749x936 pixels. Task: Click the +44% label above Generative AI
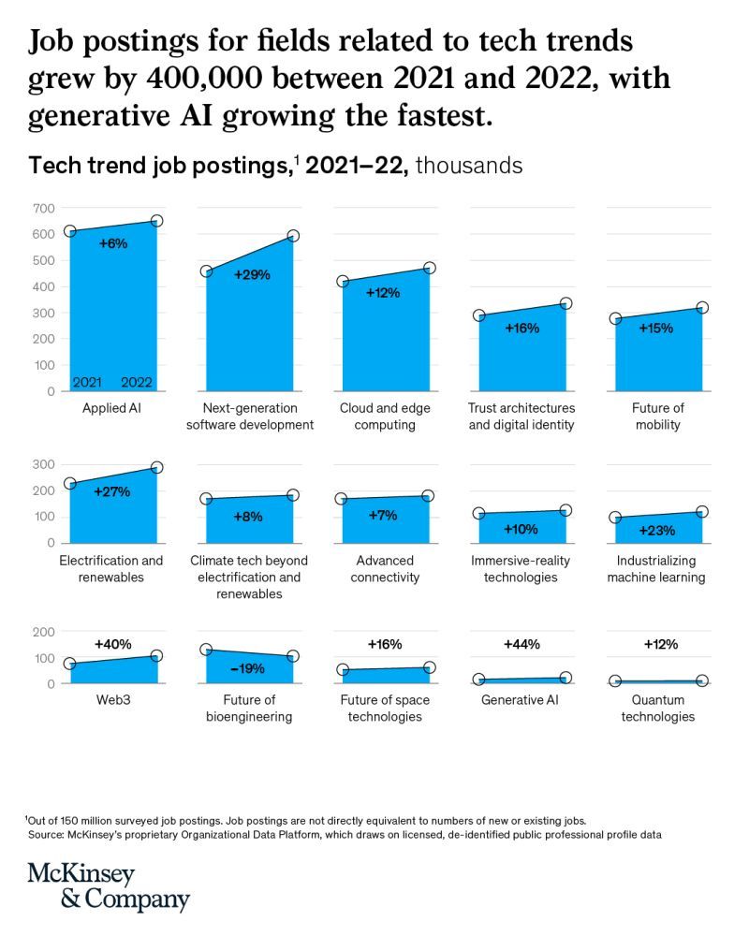[x=521, y=645]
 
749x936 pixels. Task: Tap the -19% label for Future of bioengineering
[x=248, y=668]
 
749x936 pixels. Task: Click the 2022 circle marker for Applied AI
[x=157, y=221]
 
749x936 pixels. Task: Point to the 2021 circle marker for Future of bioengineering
[x=206, y=650]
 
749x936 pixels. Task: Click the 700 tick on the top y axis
[x=45, y=208]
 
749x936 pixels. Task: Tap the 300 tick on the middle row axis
[x=45, y=464]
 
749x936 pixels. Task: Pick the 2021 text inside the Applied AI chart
[x=87, y=382]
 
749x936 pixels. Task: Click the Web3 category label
[x=112, y=700]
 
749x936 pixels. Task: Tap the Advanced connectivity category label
[x=385, y=569]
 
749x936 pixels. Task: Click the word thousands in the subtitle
[x=468, y=166]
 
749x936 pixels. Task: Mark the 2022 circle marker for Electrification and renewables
[x=157, y=467]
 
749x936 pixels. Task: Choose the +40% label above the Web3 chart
[x=112, y=645]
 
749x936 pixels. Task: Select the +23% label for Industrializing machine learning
[x=656, y=531]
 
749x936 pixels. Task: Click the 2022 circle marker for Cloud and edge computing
[x=429, y=269]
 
